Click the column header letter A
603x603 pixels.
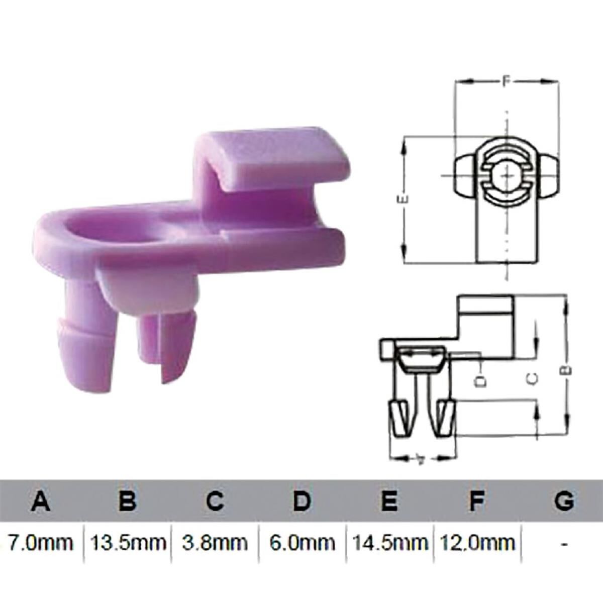point(41,501)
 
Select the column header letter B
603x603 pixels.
point(128,501)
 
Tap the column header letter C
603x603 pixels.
point(215,501)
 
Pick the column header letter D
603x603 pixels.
point(302,501)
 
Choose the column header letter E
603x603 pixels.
point(389,501)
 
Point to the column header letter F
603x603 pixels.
point(476,501)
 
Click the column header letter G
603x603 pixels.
point(564,501)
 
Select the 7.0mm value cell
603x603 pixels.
point(41,542)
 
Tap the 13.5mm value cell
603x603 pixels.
point(128,542)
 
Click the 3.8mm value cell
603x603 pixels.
point(215,542)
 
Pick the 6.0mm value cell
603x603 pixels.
point(302,542)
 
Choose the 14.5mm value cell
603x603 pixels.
point(389,542)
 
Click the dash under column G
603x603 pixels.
point(565,543)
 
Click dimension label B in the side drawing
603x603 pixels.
point(567,370)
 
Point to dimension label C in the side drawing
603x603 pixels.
point(536,378)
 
